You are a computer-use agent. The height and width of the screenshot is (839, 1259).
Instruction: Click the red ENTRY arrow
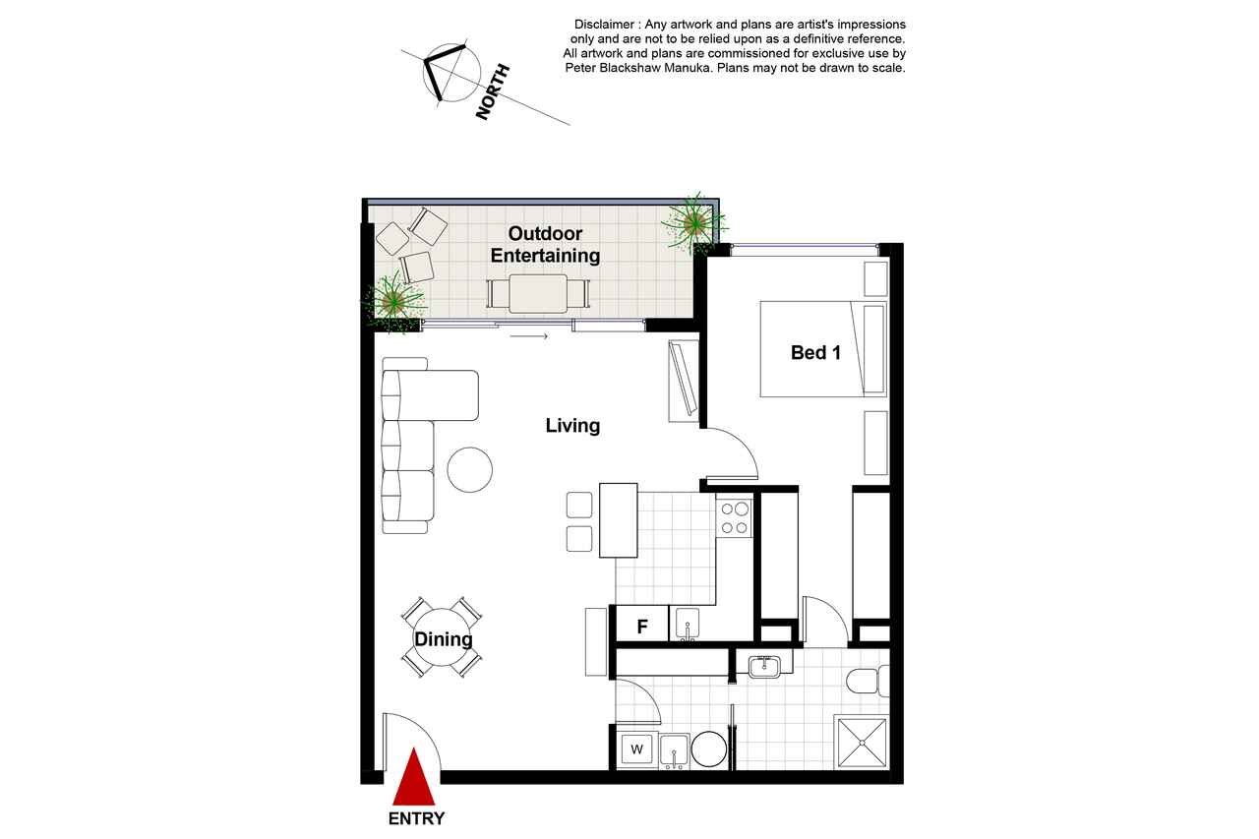pos(414,777)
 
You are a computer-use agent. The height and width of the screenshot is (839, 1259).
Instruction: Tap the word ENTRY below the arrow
pos(416,818)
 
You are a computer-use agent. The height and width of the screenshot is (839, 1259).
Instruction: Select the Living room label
pos(572,425)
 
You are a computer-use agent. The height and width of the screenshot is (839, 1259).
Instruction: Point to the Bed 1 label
pos(815,353)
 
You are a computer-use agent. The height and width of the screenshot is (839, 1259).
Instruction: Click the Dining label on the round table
pos(444,639)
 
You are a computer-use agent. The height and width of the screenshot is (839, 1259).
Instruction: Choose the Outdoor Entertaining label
pos(545,245)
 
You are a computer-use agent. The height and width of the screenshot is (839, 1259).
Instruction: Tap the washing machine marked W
pos(636,749)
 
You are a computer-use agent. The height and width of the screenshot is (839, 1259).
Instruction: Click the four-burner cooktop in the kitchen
pos(735,518)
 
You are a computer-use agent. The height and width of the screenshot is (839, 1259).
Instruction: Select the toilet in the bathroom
pos(868,680)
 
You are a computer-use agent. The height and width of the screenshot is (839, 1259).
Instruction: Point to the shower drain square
pos(862,742)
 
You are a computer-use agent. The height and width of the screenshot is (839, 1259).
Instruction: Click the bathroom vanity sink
pos(764,667)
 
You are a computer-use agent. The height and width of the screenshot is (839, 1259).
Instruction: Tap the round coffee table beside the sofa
pos(470,470)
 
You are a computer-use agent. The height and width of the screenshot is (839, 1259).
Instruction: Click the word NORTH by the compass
pos(493,92)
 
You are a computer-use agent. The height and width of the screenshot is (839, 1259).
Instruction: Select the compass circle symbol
pos(451,73)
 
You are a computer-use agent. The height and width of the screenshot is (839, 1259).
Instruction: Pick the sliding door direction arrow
pos(529,336)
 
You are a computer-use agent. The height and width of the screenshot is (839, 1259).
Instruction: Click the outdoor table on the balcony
pos(538,293)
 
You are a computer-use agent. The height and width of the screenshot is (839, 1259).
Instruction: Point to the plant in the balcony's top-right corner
pos(694,223)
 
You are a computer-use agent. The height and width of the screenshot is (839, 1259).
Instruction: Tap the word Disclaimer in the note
pos(604,25)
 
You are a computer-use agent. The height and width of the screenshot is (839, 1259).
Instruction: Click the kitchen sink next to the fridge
pos(688,625)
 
